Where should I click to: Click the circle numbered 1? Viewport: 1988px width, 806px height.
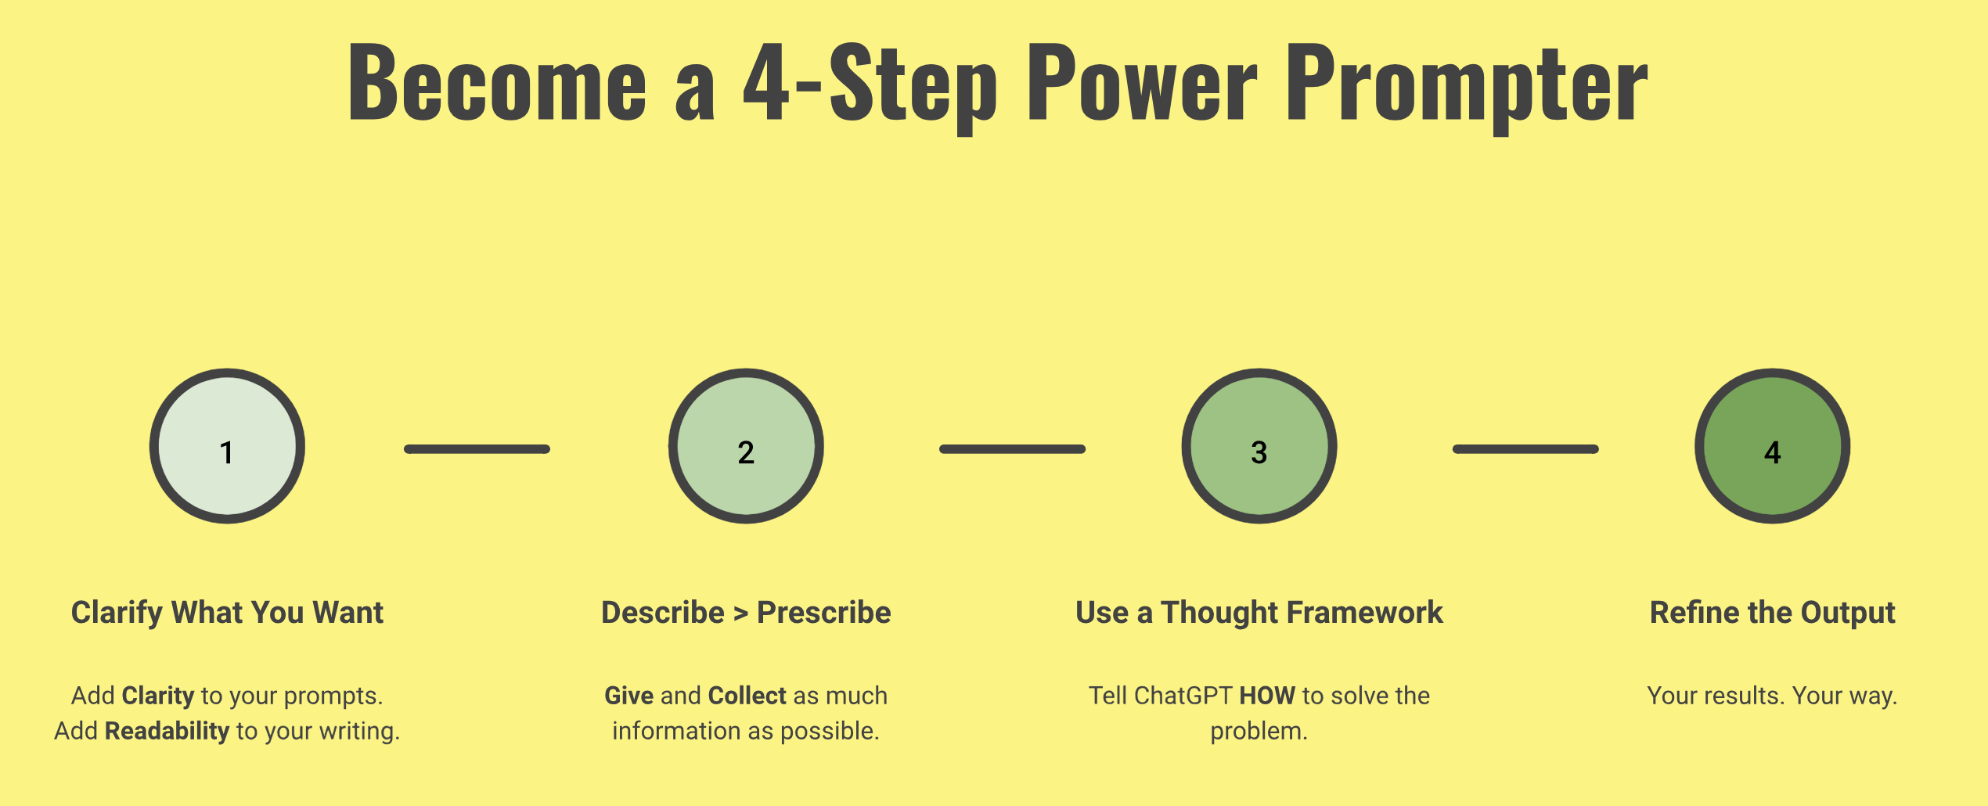pyautogui.click(x=227, y=446)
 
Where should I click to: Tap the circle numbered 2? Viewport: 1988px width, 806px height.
pyautogui.click(x=746, y=446)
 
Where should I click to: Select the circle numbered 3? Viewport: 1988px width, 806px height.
pyautogui.click(x=1259, y=446)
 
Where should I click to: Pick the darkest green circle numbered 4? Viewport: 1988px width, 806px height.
pyautogui.click(x=1773, y=446)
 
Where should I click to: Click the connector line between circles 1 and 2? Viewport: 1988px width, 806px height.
pyautogui.click(x=477, y=449)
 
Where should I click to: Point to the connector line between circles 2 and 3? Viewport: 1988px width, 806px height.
pyautogui.click(x=1012, y=449)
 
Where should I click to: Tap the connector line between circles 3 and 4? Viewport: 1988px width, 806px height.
pyautogui.click(x=1525, y=449)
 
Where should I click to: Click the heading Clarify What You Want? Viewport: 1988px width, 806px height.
pyautogui.click(x=227, y=613)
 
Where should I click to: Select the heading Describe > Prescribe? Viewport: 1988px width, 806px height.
pyautogui.click(x=746, y=613)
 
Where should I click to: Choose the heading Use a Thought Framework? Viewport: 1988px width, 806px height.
pyautogui.click(x=1259, y=613)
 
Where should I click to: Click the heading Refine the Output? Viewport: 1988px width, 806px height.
pyautogui.click(x=1772, y=613)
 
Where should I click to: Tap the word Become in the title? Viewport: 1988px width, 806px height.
pyautogui.click(x=498, y=82)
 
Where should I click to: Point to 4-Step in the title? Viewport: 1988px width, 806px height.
pyautogui.click(x=870, y=82)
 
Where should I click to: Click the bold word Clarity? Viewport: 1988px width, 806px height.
pyautogui.click(x=158, y=696)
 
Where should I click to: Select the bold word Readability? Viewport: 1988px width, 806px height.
pyautogui.click(x=167, y=731)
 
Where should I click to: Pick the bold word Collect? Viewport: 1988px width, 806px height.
pyautogui.click(x=747, y=696)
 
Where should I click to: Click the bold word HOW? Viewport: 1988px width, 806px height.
pyautogui.click(x=1267, y=696)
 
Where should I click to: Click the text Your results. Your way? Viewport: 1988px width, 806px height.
pyautogui.click(x=1772, y=696)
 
